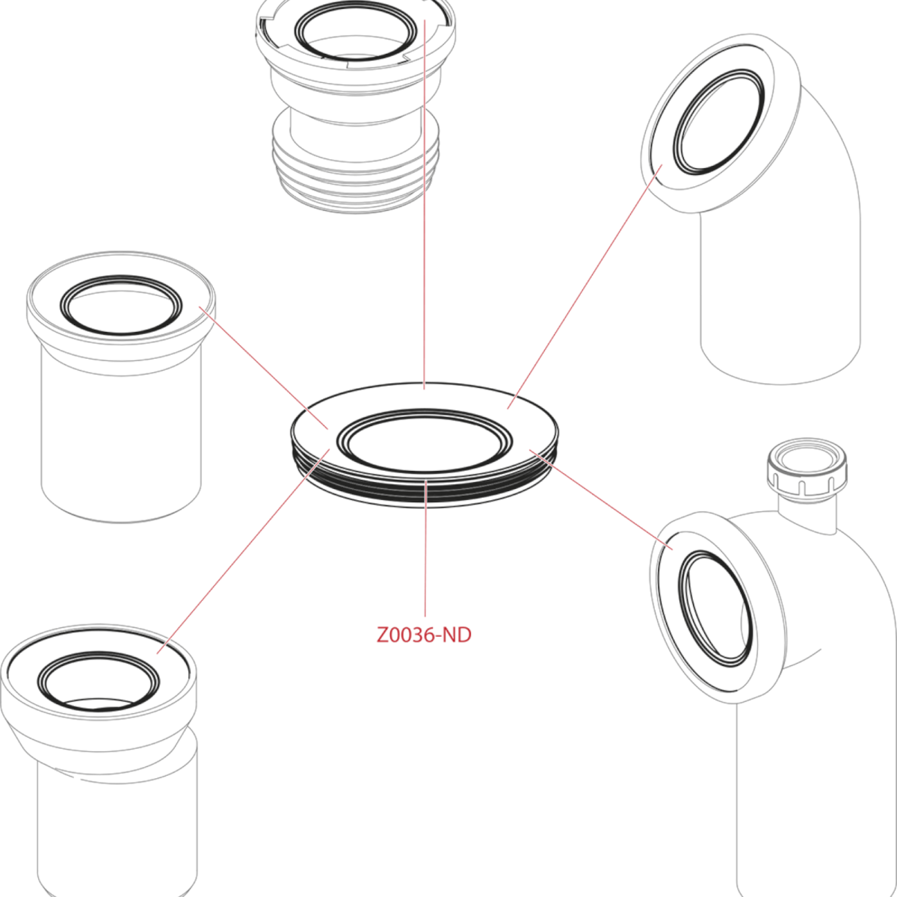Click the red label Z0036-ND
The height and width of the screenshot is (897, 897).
(424, 635)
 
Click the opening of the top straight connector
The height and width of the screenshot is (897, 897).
(356, 31)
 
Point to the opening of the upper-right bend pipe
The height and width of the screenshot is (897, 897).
(718, 123)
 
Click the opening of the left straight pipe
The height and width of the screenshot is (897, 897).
(121, 305)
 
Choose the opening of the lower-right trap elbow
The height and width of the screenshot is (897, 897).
(715, 608)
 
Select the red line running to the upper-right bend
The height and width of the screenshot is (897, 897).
(585, 286)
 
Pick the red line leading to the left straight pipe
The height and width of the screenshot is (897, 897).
(264, 367)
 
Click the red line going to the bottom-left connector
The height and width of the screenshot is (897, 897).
(244, 551)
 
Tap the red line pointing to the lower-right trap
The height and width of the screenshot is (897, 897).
(601, 499)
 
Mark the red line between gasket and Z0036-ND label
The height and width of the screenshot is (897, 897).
(425, 549)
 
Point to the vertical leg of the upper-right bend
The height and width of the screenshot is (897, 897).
(780, 298)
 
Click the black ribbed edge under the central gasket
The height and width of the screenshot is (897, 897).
(425, 493)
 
